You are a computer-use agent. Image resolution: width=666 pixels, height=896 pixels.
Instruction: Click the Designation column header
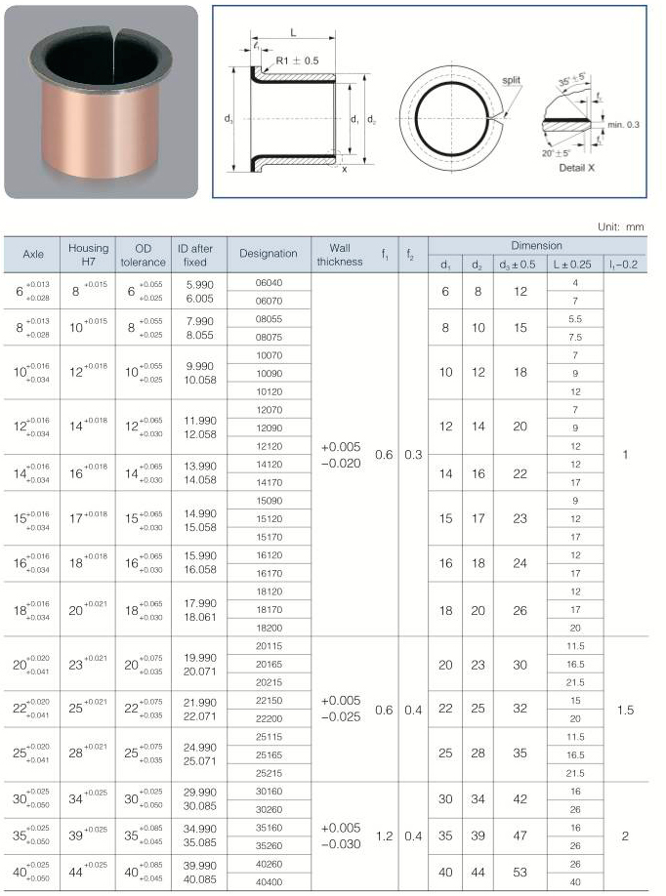268,254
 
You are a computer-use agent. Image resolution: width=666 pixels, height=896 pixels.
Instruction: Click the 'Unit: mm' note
620,227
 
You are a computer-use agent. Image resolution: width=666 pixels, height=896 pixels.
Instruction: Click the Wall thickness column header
340,254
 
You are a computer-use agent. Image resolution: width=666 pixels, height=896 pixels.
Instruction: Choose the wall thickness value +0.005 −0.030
340,835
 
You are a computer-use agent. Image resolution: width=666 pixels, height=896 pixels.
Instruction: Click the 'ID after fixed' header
195,254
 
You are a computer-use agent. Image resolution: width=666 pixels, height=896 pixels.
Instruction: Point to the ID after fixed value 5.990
199,282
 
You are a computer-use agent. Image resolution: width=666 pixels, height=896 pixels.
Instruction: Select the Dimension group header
536,245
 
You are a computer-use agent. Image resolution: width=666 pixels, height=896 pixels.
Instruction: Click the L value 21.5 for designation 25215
574,772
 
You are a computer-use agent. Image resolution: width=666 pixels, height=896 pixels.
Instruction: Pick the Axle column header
33,254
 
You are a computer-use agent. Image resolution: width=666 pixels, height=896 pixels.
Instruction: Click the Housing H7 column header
88,254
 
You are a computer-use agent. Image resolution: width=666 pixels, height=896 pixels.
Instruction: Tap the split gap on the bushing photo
117,44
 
